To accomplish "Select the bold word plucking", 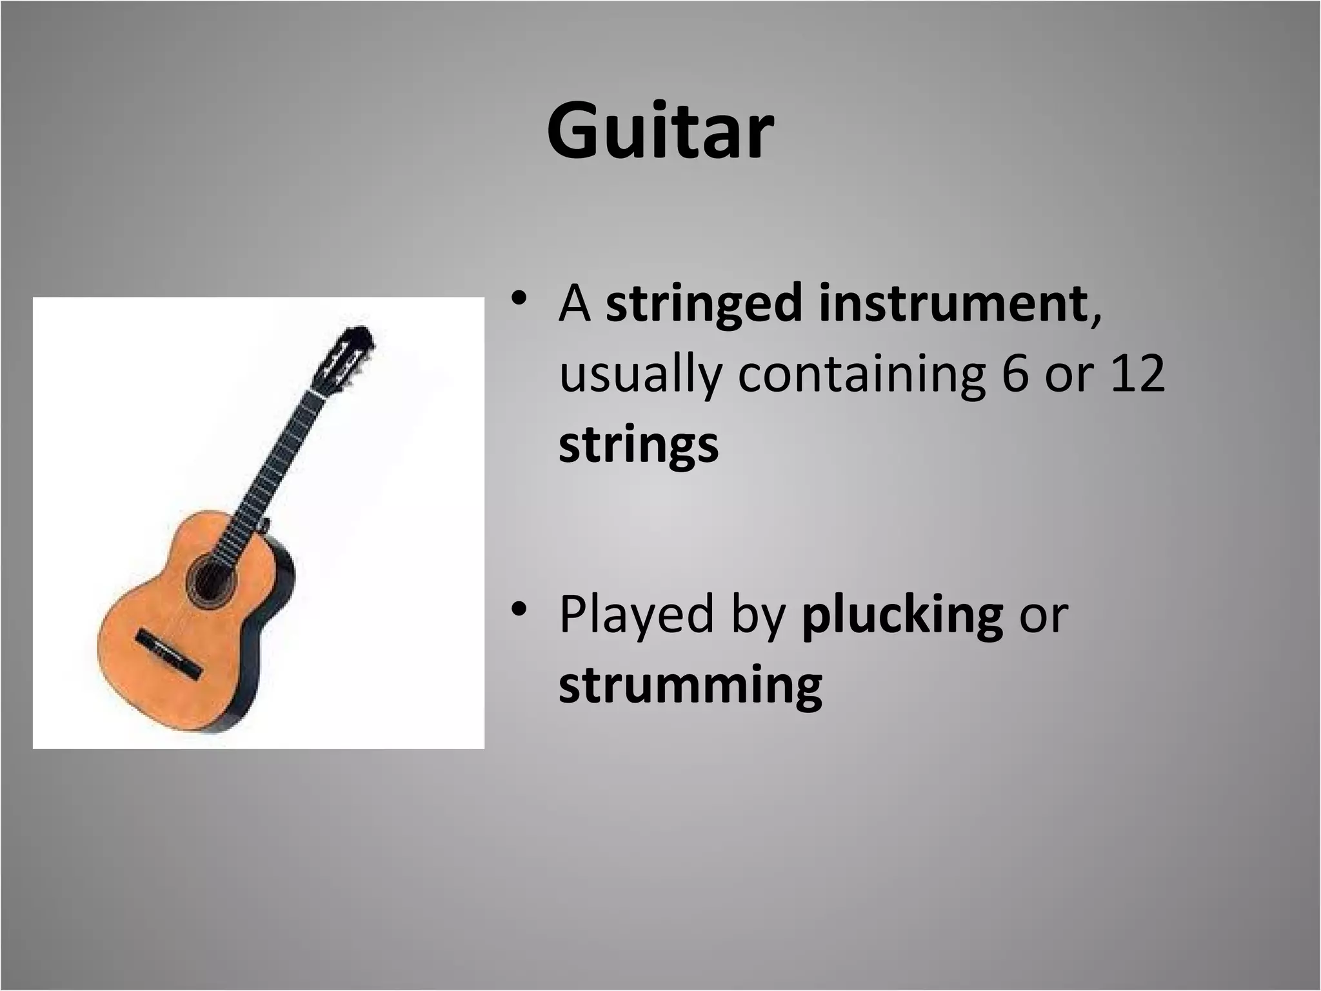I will point(902,614).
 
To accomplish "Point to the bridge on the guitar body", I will point(169,655).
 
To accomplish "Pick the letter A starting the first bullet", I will point(575,305).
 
